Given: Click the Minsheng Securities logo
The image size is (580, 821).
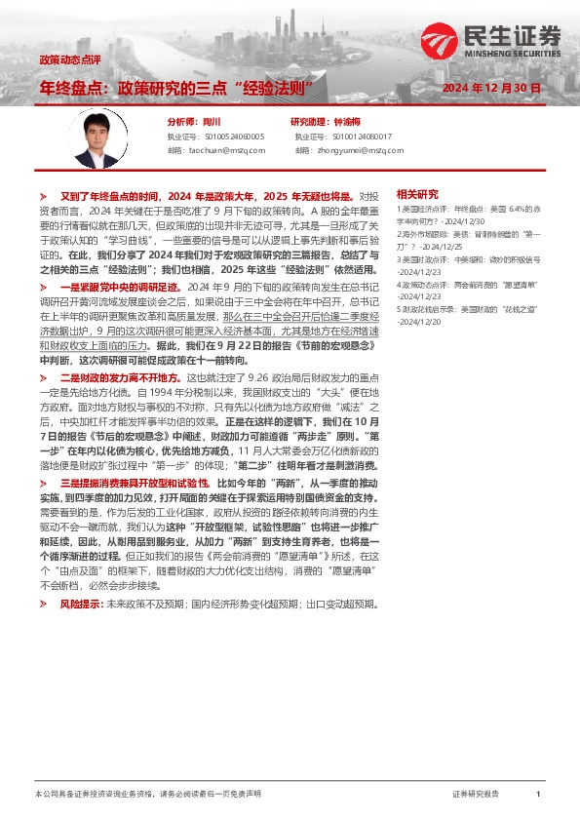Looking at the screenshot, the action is point(491,42).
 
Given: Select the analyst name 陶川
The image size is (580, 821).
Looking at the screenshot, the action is point(213,122).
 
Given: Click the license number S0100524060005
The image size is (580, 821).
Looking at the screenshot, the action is point(230,137).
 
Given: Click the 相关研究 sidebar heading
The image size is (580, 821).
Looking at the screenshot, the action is point(417,194).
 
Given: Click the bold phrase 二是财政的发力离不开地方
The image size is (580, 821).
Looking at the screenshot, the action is point(122,376).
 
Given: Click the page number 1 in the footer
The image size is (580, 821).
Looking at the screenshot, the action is point(537,795).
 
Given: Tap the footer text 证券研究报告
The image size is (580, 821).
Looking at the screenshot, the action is point(476,795).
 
